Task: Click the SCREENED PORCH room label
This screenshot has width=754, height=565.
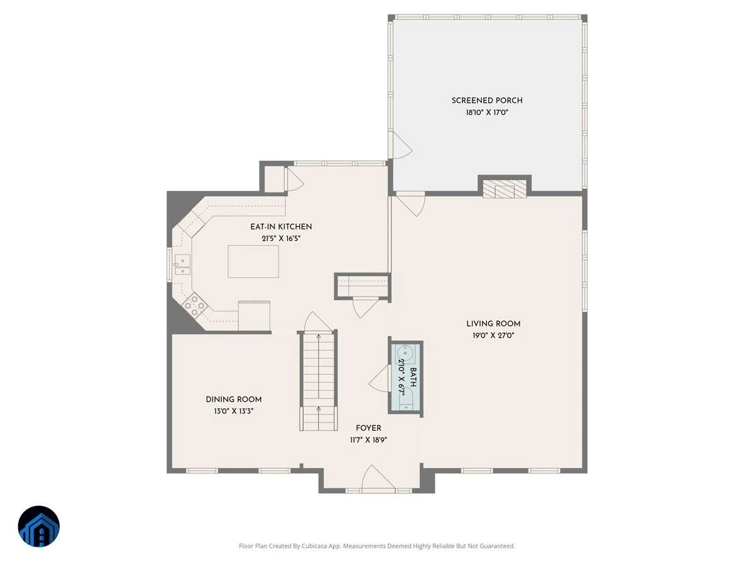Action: click(486, 100)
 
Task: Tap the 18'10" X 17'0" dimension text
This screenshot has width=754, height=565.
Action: click(486, 112)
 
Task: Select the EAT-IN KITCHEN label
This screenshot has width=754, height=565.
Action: click(281, 227)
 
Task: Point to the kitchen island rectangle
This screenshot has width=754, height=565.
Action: click(253, 261)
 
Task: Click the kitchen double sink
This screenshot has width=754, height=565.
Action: click(182, 264)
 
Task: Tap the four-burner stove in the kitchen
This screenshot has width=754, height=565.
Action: click(194, 305)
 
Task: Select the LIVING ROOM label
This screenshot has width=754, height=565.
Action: click(493, 323)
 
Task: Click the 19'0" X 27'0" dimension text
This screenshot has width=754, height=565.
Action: click(493, 335)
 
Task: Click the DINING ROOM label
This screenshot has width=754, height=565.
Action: click(234, 399)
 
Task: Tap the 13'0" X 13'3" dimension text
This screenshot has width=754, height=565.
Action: click(234, 411)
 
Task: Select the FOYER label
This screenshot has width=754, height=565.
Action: click(368, 428)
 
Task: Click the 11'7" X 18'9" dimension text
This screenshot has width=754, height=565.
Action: click(368, 440)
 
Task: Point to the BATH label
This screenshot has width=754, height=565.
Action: click(413, 377)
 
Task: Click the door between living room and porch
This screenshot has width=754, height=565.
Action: click(410, 206)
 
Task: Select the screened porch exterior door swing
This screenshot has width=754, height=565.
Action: click(402, 146)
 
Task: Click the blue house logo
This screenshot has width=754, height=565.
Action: click(39, 526)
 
